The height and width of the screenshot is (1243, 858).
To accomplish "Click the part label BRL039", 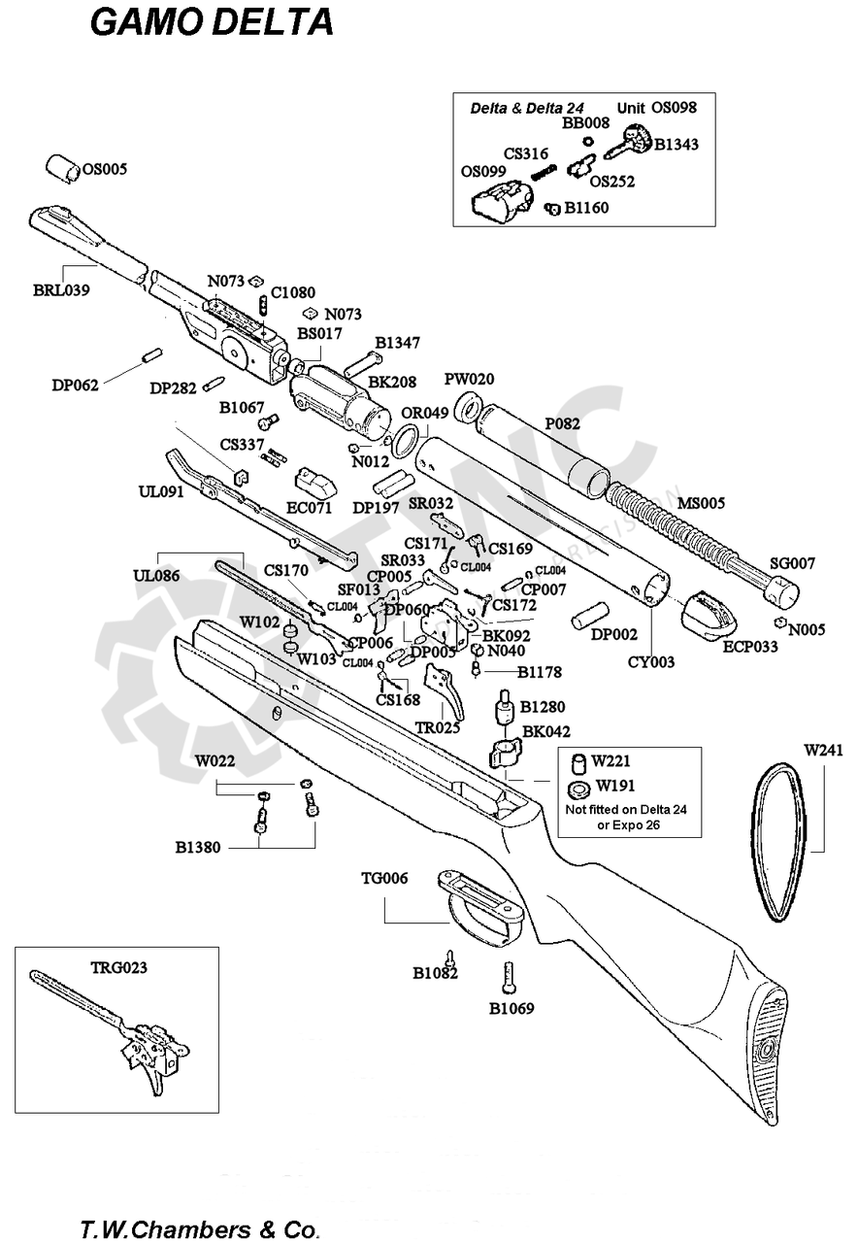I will [x=61, y=289].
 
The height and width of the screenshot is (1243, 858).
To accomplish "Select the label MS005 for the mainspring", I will [x=701, y=503].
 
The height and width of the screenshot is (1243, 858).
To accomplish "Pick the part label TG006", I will [x=384, y=879].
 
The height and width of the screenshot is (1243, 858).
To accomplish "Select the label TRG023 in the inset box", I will [x=119, y=967].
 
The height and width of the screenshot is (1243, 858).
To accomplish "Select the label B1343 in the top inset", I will [x=676, y=145].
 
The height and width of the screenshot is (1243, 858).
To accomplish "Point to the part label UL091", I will [x=161, y=491].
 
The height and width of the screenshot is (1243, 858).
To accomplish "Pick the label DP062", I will [x=76, y=385].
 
